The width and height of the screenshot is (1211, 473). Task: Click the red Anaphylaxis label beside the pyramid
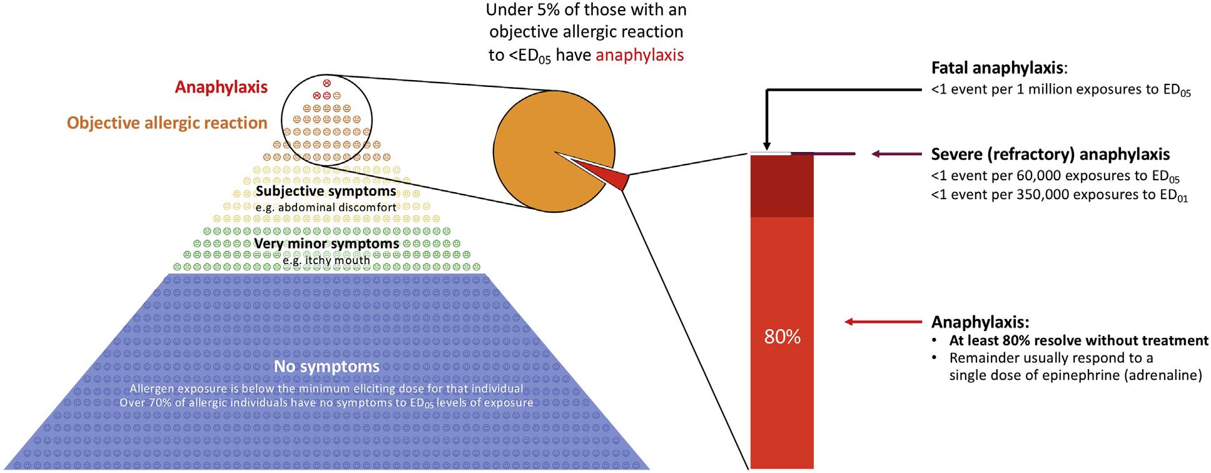221,87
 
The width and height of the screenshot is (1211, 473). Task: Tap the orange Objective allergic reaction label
167,123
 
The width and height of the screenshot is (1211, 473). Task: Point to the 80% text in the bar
782,337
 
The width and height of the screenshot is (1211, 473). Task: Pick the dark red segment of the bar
782,186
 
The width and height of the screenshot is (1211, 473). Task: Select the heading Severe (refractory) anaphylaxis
1050,154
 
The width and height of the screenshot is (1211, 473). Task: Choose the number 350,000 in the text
1049,195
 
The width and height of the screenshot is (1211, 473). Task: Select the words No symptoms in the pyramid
327,366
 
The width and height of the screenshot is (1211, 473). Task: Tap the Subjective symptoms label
326,191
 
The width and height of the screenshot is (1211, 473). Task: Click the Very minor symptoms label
326,243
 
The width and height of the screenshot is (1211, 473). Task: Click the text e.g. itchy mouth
326,260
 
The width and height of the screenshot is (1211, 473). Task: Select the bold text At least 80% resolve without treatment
1078,341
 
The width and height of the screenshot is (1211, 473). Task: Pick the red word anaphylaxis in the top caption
639,55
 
